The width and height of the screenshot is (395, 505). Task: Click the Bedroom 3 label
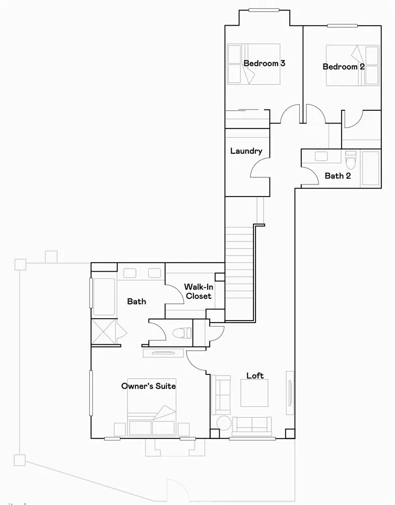point(265,64)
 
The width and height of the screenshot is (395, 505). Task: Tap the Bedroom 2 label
point(344,67)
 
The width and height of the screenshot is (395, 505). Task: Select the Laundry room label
point(246,151)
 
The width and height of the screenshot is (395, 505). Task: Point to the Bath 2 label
point(338,176)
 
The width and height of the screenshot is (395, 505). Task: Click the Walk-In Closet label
point(198,291)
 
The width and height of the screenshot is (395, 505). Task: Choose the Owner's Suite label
point(148,386)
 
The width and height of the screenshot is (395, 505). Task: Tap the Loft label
point(255,375)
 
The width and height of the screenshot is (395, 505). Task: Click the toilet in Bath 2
point(351,159)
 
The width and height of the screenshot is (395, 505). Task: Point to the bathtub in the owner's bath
point(104,296)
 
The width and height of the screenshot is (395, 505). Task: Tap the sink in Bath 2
point(321,156)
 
